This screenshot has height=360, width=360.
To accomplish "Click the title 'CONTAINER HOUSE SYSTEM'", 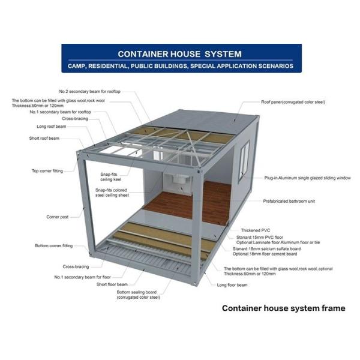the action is pyautogui.click(x=179, y=54).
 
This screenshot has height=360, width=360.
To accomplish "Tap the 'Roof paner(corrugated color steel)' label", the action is pyautogui.click(x=293, y=102).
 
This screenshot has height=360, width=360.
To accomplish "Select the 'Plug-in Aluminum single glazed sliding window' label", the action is pyautogui.click(x=307, y=178).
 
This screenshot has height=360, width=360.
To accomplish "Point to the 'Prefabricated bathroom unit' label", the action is pyautogui.click(x=289, y=201).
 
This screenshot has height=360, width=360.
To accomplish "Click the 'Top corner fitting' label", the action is pyautogui.click(x=47, y=171).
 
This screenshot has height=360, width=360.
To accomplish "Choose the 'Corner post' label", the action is pyautogui.click(x=58, y=217).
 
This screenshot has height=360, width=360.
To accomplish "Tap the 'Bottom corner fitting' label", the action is pyautogui.click(x=54, y=245).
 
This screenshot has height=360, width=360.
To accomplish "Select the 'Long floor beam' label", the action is pyautogui.click(x=232, y=285).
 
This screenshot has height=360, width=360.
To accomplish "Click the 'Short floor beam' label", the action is pyautogui.click(x=112, y=284).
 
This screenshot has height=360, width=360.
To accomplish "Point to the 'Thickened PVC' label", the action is pyautogui.click(x=256, y=230).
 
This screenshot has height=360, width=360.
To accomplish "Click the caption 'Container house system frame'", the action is pyautogui.click(x=284, y=308).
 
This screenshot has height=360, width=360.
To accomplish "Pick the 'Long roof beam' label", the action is pyautogui.click(x=52, y=127).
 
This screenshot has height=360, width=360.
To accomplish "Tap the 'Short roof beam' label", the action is pyautogui.click(x=44, y=138).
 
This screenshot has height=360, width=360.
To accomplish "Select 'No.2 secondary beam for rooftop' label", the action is pyautogui.click(x=90, y=92).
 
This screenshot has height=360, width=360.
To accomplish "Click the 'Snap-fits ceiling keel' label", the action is pyautogui.click(x=110, y=177).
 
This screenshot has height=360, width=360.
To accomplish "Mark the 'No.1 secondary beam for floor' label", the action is pyautogui.click(x=82, y=277).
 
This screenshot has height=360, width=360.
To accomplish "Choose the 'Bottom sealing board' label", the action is pyautogui.click(x=138, y=295).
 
